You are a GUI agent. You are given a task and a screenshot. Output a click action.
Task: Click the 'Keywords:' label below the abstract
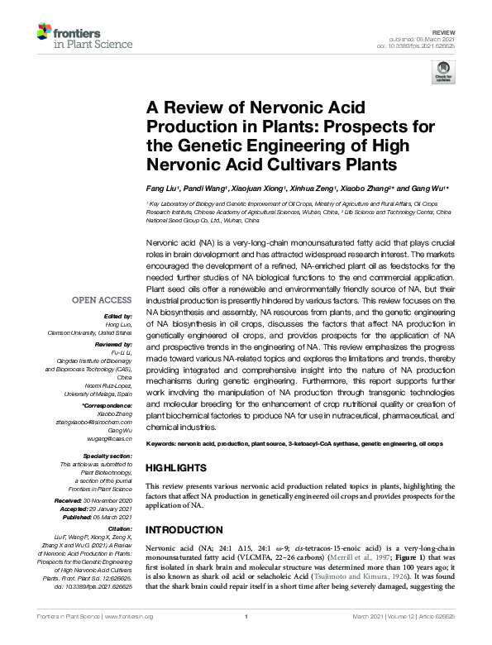(x=163, y=445)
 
